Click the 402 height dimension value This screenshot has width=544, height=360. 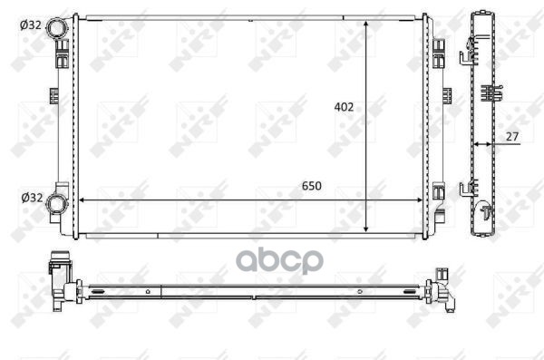pyautogui.click(x=344, y=107)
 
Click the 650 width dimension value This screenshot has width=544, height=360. pyautogui.click(x=312, y=186)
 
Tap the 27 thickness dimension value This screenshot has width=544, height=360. pyautogui.click(x=512, y=137)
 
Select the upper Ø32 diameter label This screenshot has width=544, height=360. pyautogui.click(x=31, y=25)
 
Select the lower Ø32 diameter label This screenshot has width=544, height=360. pyautogui.click(x=32, y=198)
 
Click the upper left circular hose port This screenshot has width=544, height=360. pyautogui.click(x=57, y=28)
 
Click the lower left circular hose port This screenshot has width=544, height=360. pyautogui.click(x=56, y=204)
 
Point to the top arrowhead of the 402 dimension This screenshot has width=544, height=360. pyautogui.click(x=366, y=24)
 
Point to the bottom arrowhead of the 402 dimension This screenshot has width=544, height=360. pyautogui.click(x=366, y=229)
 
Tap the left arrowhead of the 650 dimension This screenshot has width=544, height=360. pyautogui.click(x=82, y=200)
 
